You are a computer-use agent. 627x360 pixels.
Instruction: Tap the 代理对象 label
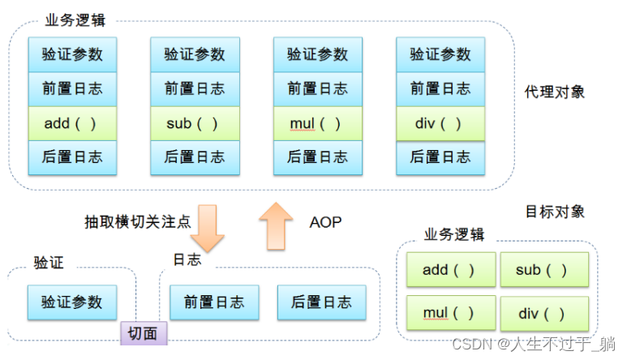click(554, 91)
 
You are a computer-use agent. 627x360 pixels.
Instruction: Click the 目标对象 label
click(554, 212)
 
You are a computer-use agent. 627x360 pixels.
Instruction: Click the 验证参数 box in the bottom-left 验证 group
click(72, 302)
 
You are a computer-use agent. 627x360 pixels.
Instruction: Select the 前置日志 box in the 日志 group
click(214, 302)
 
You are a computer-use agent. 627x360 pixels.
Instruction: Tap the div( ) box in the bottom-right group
click(542, 312)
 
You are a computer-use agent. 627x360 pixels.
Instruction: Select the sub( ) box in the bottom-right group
click(542, 270)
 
